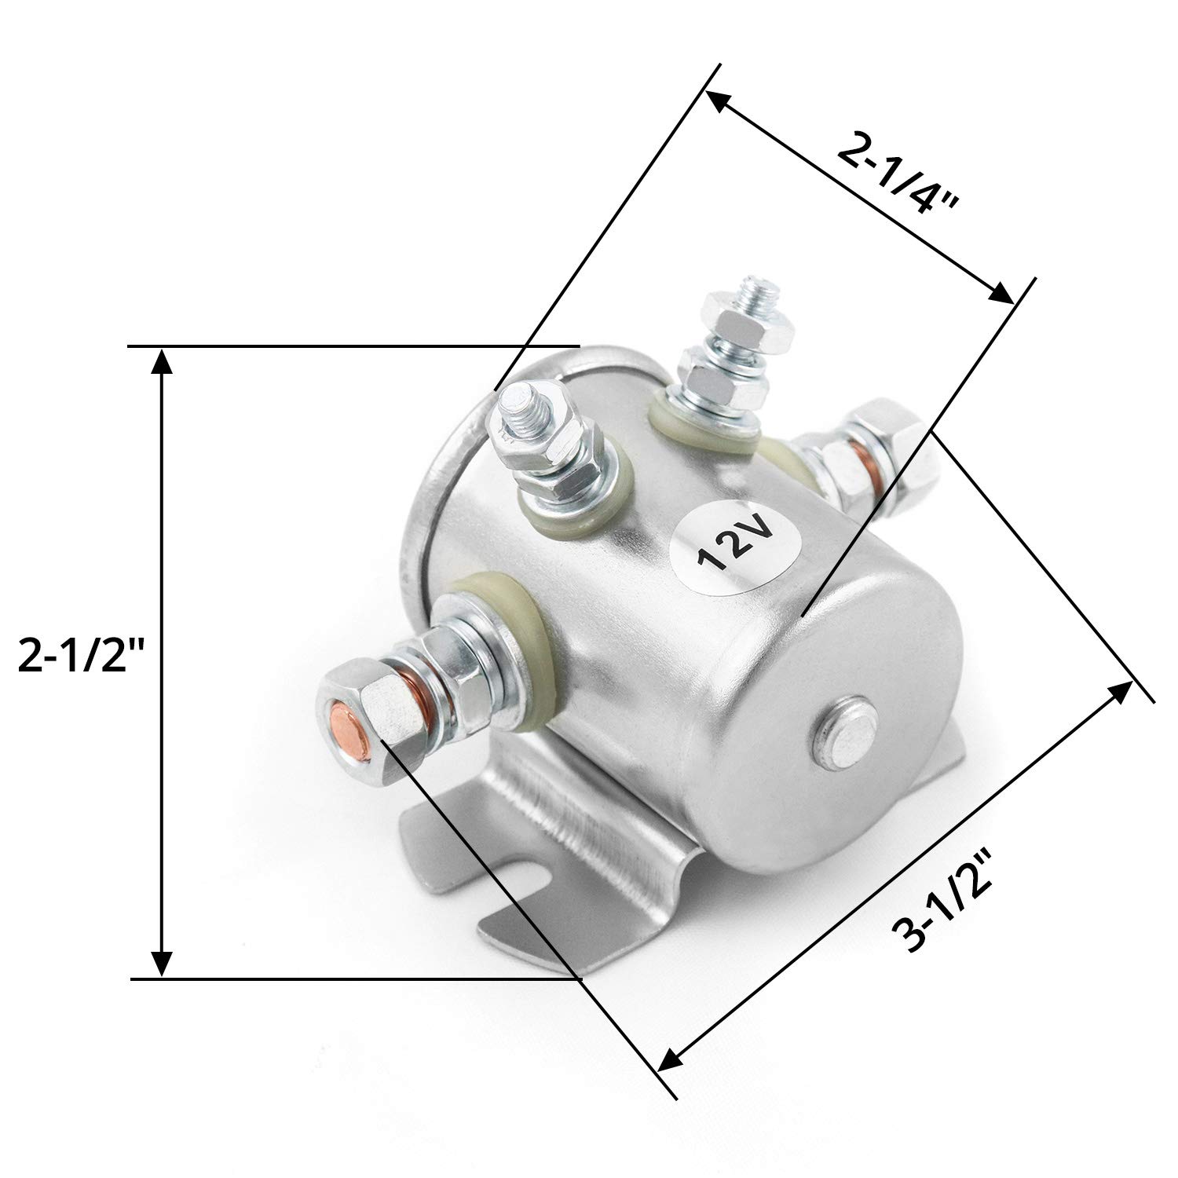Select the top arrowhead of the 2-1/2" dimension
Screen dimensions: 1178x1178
(x=162, y=363)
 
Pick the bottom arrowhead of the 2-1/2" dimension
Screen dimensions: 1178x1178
(x=162, y=961)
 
